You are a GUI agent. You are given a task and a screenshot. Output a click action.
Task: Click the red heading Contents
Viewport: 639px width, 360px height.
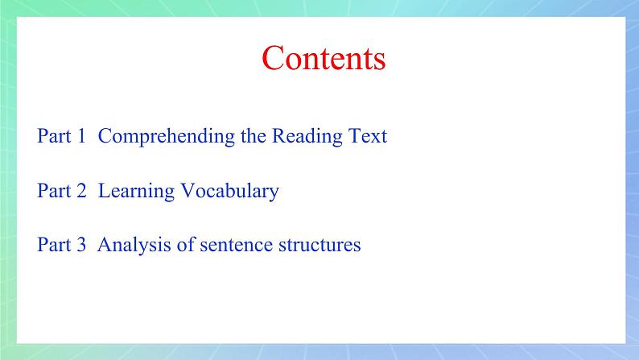click(324, 59)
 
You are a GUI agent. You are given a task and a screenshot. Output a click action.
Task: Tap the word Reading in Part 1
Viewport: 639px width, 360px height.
click(305, 136)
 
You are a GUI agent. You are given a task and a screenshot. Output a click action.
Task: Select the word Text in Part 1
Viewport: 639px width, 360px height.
click(366, 136)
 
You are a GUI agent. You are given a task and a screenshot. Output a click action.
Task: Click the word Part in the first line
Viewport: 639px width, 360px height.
click(53, 136)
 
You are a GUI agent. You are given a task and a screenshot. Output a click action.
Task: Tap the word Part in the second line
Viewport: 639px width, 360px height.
click(53, 191)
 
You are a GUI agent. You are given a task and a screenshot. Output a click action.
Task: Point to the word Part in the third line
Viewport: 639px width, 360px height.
click(53, 245)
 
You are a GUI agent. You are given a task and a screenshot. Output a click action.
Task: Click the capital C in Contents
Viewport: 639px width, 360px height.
click(274, 60)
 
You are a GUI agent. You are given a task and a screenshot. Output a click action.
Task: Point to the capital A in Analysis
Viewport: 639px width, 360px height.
click(103, 245)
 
